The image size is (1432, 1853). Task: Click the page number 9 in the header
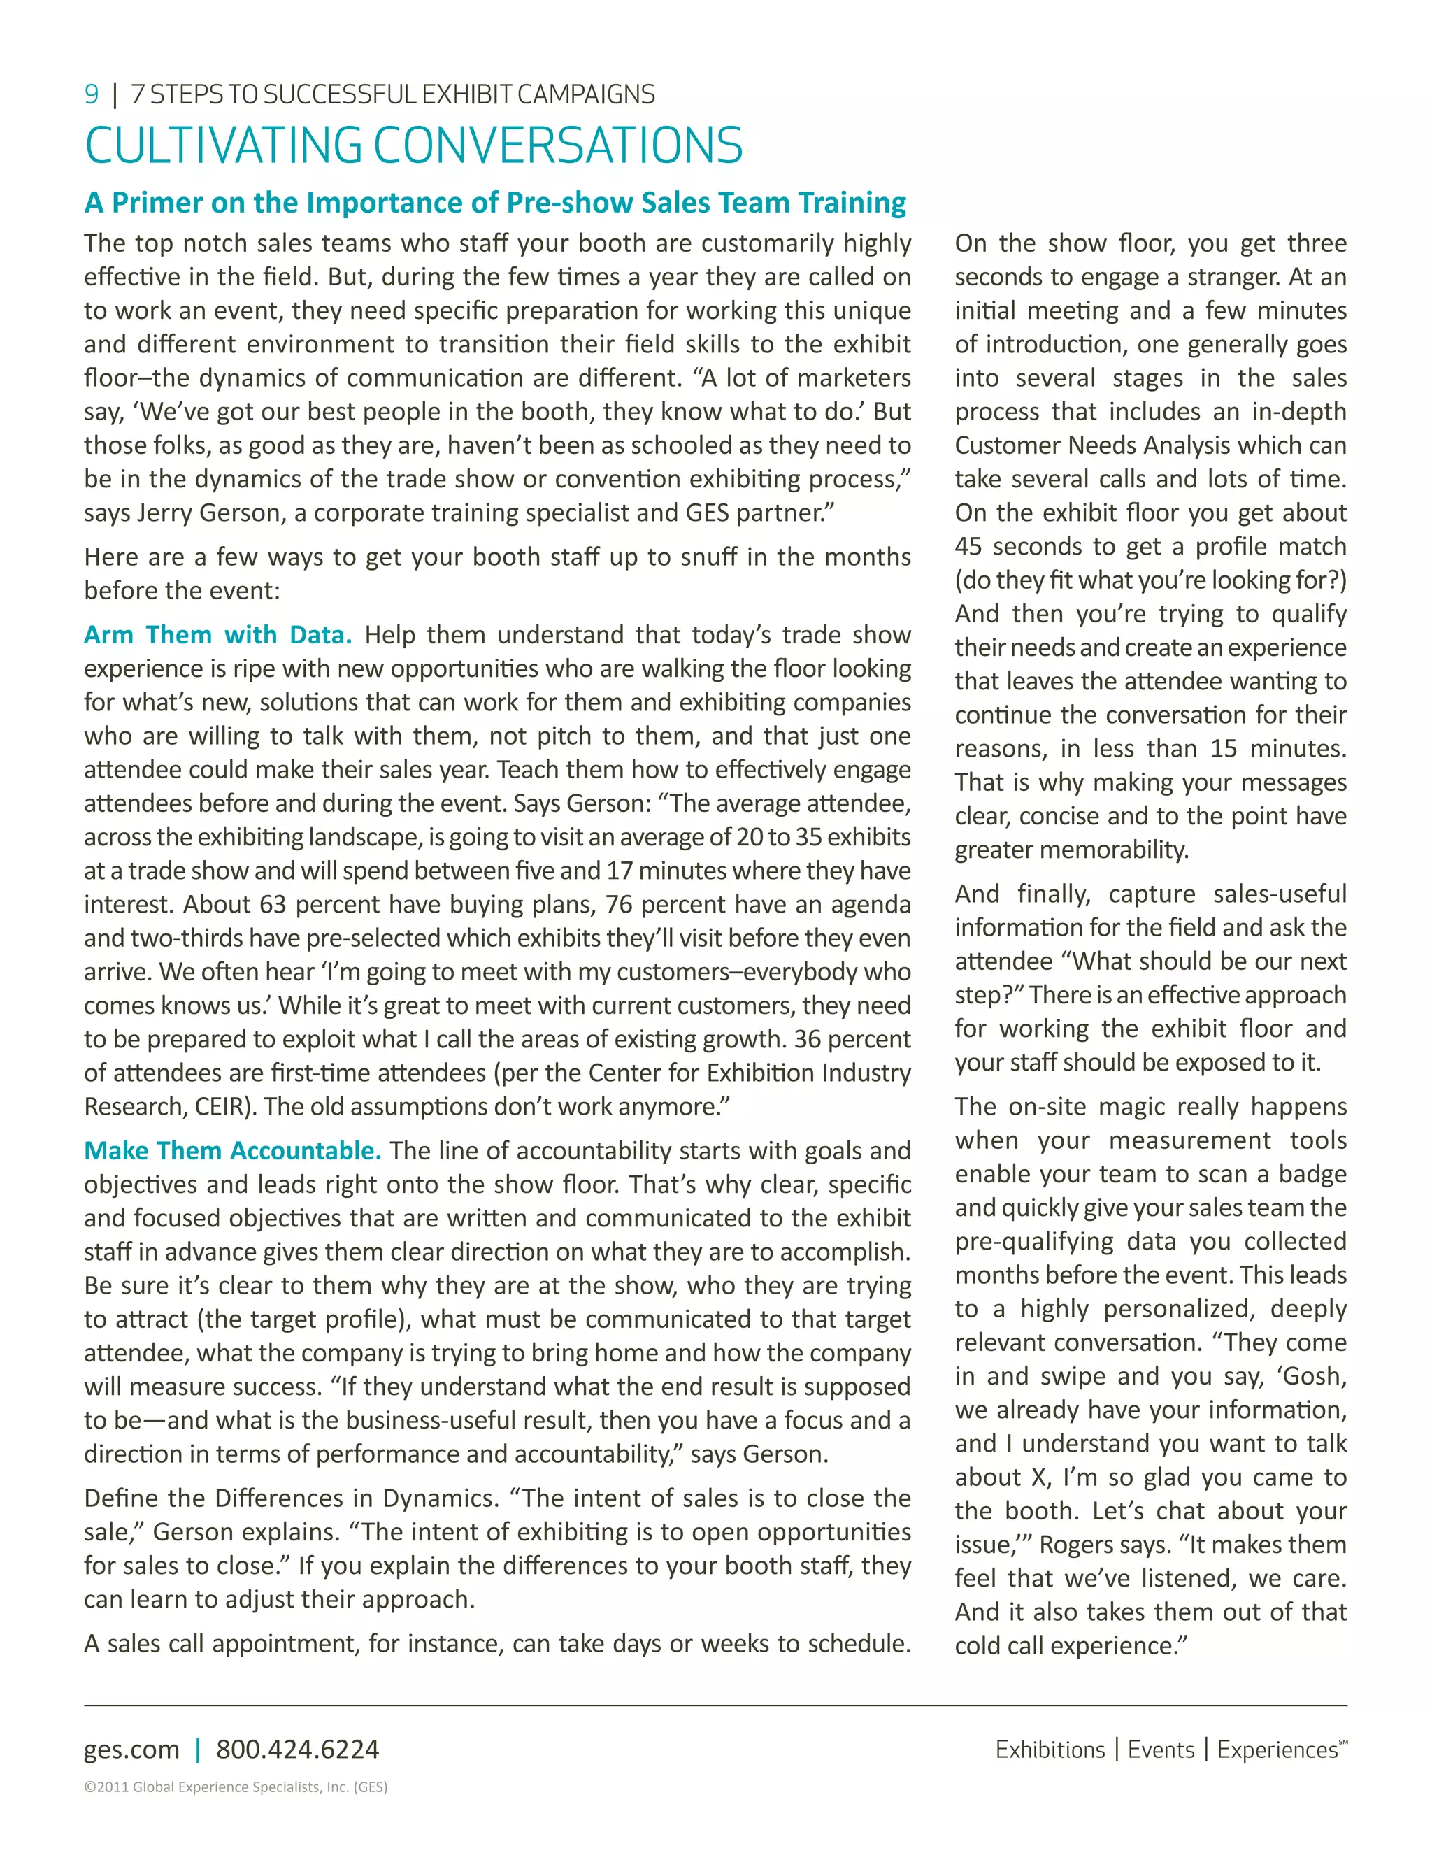[92, 94]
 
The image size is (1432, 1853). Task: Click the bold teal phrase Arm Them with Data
[217, 635]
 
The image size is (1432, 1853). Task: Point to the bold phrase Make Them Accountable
[232, 1150]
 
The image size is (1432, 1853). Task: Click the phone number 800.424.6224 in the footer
[297, 1750]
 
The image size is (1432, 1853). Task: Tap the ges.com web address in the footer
[131, 1750]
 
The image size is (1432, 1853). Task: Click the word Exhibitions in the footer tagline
[1050, 1750]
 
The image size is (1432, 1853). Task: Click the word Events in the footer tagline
[1161, 1750]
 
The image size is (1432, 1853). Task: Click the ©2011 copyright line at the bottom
[235, 1787]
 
